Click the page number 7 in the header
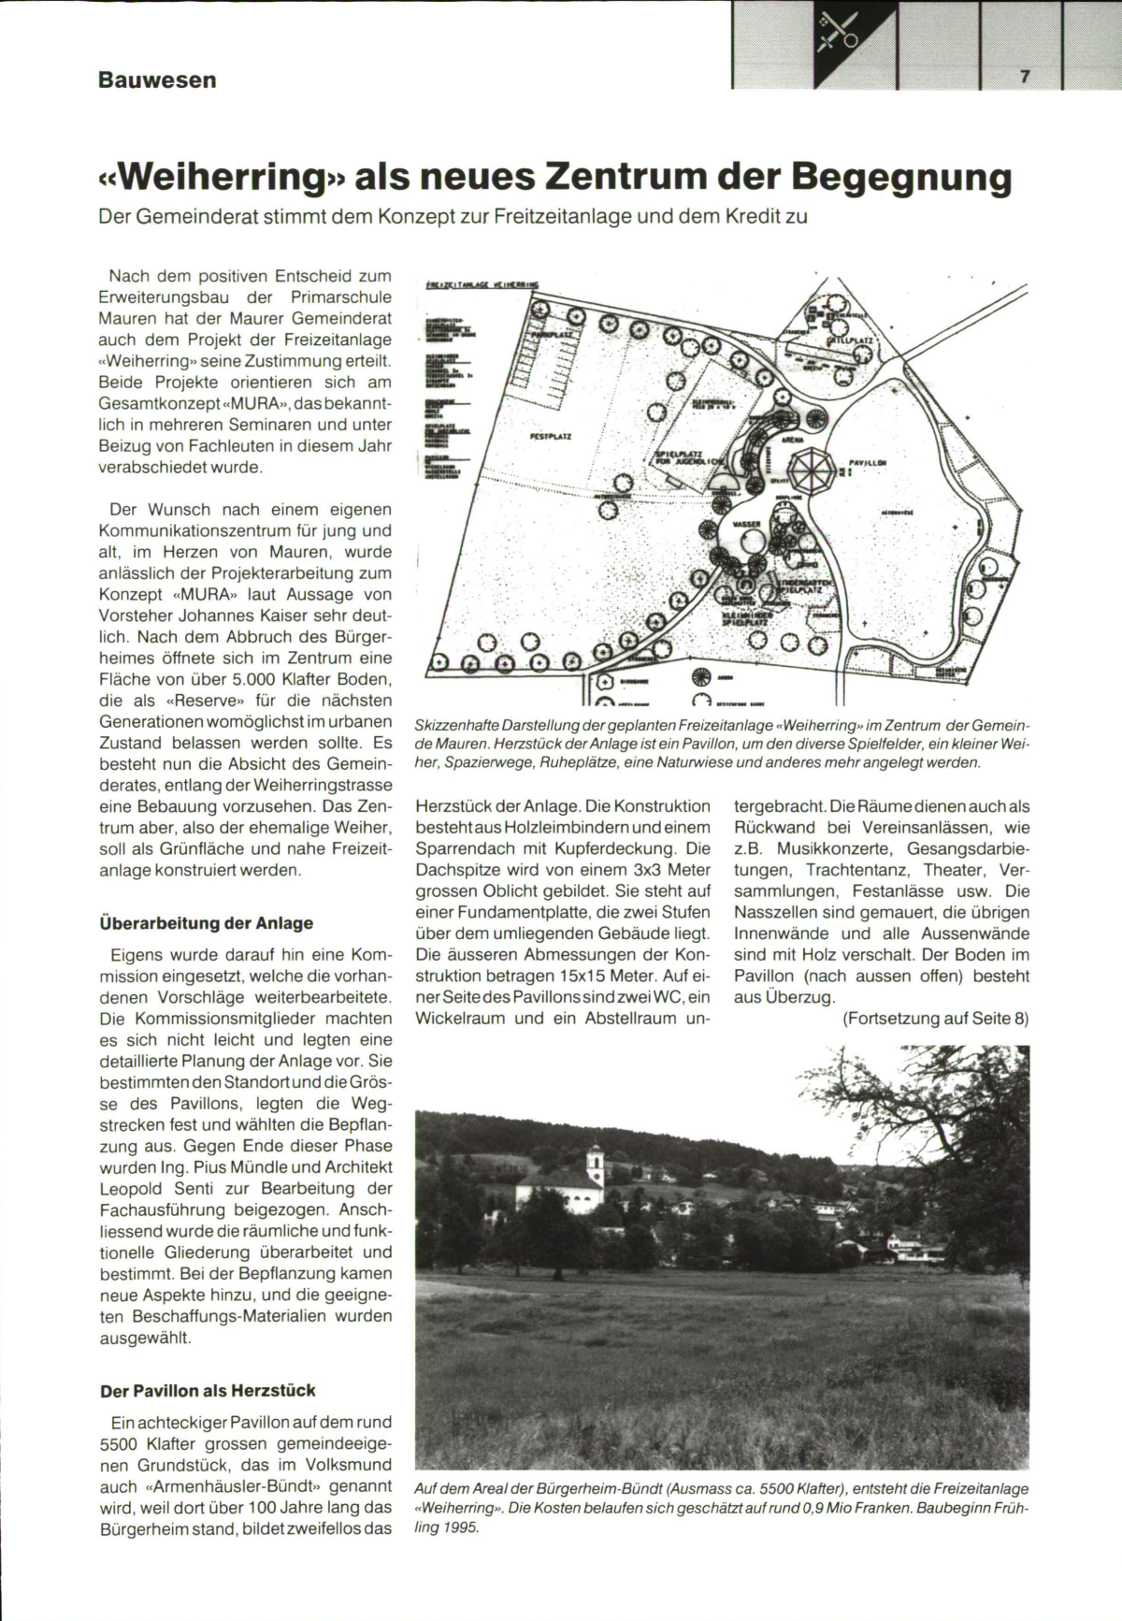(x=1025, y=78)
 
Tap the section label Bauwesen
(x=157, y=80)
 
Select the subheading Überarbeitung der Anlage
(x=206, y=922)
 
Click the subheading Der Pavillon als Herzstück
(x=208, y=1390)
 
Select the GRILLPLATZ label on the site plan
(x=849, y=342)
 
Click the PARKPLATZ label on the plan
(x=553, y=329)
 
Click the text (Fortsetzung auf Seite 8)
(x=935, y=1019)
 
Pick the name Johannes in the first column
(x=210, y=615)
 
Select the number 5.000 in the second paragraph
(x=259, y=679)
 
